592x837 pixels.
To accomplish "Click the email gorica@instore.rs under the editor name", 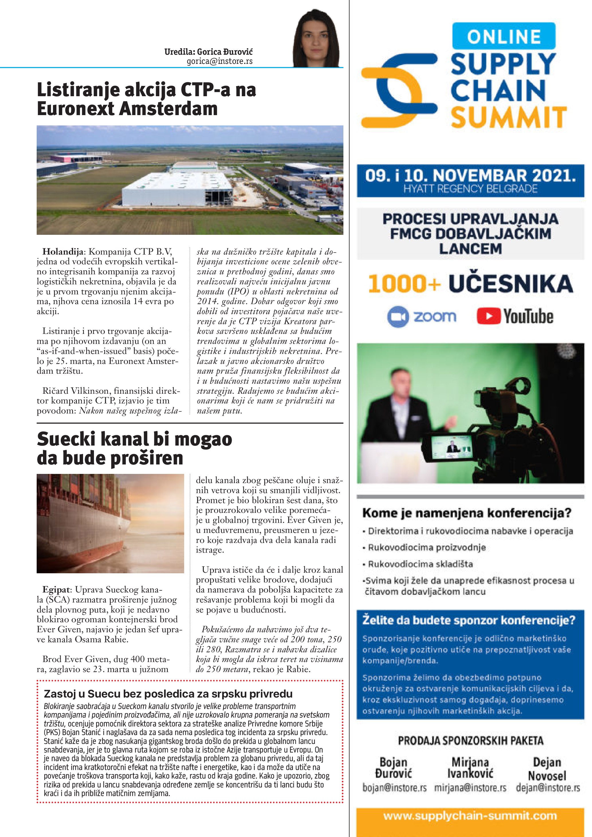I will (x=219, y=61).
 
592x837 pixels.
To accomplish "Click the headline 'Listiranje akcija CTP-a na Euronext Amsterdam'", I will (x=146, y=99).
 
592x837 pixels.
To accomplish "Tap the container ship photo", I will (x=110, y=523).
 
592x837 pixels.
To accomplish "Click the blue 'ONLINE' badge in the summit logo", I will (x=504, y=36).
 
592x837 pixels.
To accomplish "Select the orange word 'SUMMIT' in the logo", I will (x=509, y=117).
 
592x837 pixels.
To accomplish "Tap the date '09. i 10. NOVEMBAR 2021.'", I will (x=470, y=176).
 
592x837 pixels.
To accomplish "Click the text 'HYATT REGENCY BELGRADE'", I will (x=470, y=189).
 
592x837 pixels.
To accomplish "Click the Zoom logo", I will (x=421, y=316).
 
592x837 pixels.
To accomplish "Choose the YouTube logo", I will (x=515, y=316).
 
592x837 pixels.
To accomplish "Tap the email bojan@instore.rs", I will (x=394, y=788).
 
